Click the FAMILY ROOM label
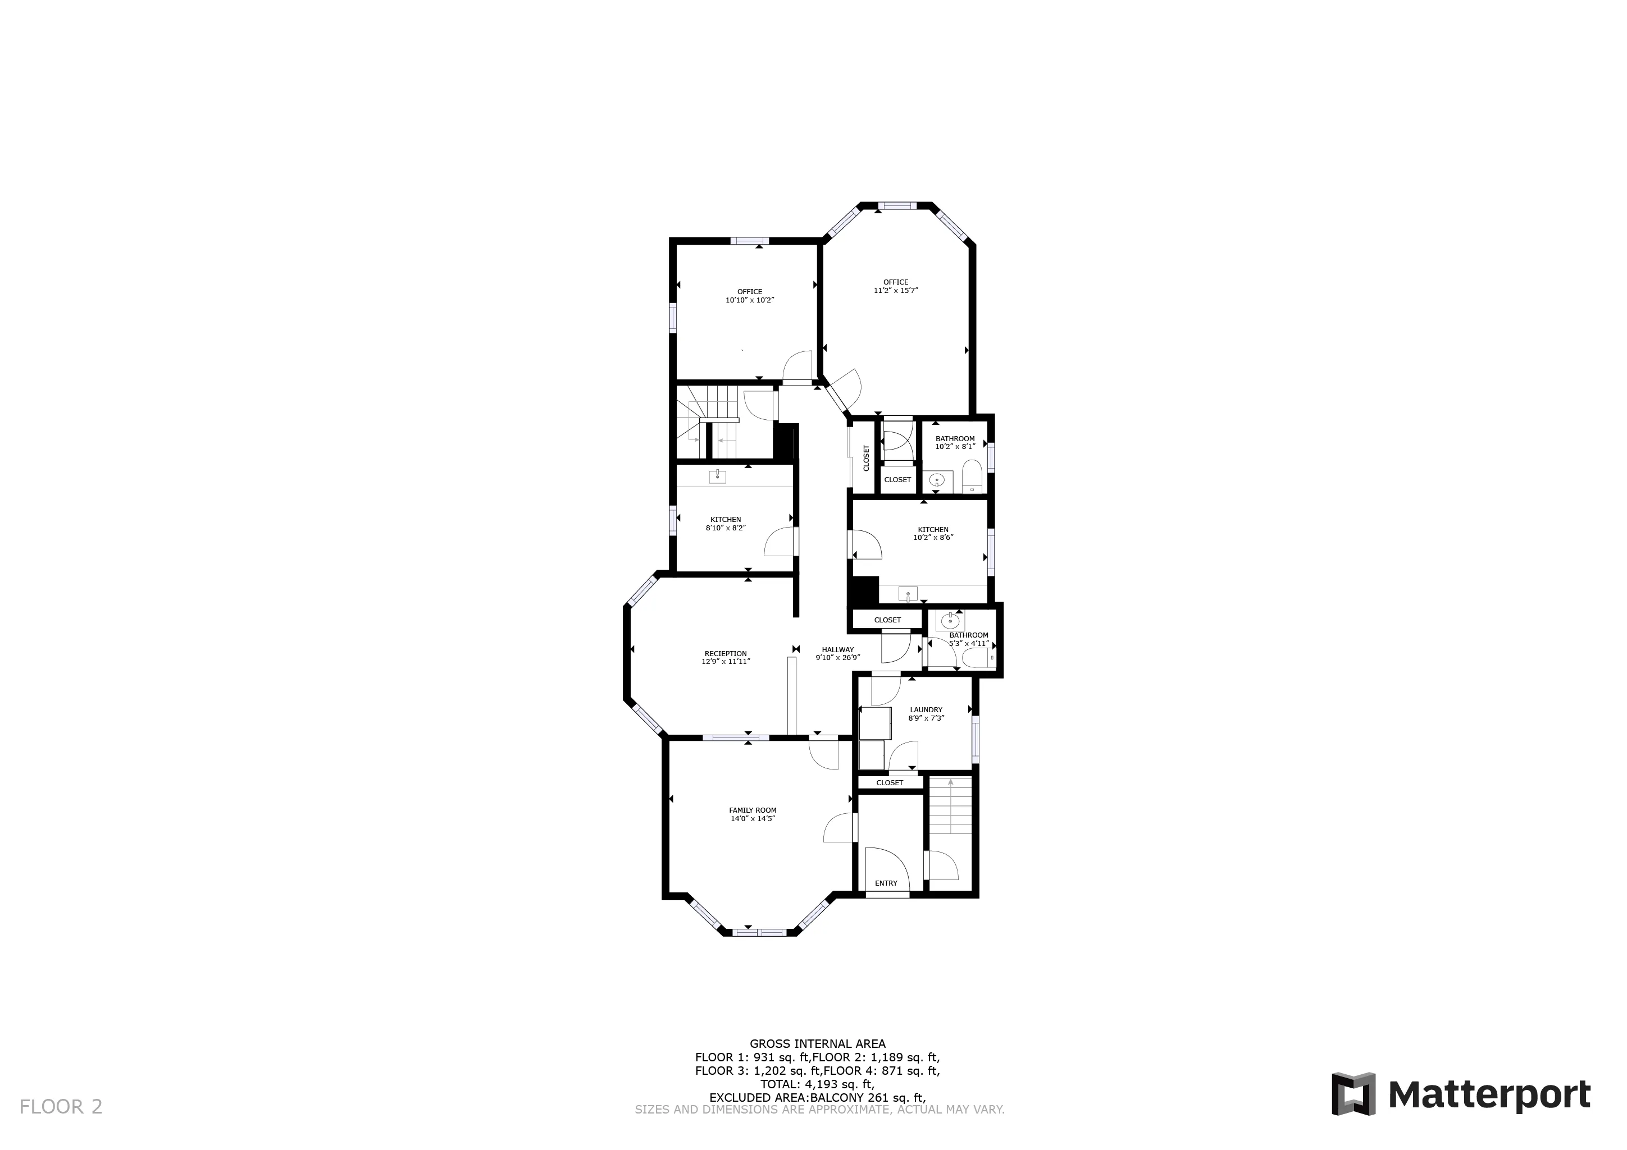click(753, 810)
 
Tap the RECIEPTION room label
click(726, 654)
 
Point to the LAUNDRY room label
click(926, 709)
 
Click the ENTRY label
click(886, 883)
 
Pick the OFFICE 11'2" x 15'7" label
click(896, 286)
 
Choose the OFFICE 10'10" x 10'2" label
click(750, 296)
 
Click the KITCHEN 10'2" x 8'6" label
click(933, 533)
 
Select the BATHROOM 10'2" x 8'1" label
click(955, 443)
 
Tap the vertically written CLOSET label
click(866, 457)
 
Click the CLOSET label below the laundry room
click(890, 782)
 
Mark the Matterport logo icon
click(1353, 1094)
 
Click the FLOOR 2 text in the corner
click(61, 1107)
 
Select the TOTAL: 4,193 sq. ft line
click(817, 1084)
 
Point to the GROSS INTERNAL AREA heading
click(817, 1044)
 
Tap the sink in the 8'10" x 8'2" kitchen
click(718, 477)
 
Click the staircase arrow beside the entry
click(950, 783)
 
